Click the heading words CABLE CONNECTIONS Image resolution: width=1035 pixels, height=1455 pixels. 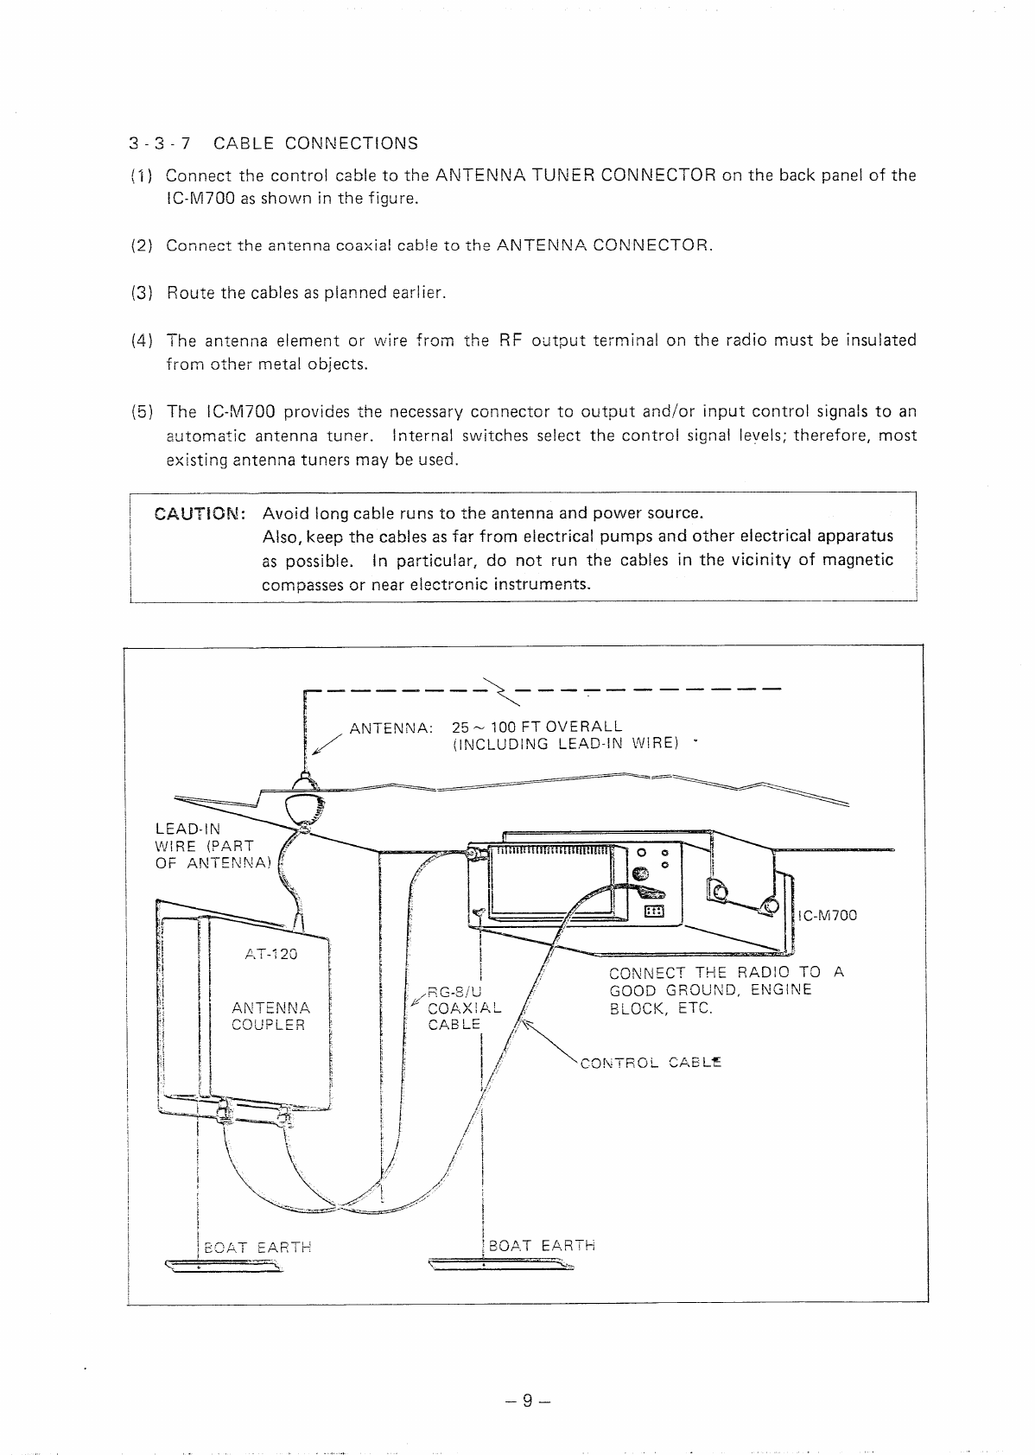coord(315,143)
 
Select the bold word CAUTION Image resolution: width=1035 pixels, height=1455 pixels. coord(200,513)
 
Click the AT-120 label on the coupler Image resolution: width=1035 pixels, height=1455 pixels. coord(270,954)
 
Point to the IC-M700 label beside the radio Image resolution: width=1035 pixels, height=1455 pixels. coord(829,915)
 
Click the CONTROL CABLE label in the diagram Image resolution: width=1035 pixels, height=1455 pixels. coord(651,1063)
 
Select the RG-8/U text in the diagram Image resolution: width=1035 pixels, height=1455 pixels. coord(451,991)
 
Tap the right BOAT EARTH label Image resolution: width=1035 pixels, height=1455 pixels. coord(542,1245)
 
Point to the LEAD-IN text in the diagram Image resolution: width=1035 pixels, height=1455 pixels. coord(187,829)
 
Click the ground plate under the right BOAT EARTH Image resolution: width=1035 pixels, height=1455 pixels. coord(501,1268)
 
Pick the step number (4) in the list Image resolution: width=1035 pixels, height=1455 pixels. coord(142,340)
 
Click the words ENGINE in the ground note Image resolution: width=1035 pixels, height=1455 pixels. coord(781,990)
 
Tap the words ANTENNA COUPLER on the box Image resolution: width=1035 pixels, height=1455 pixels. coord(270,1016)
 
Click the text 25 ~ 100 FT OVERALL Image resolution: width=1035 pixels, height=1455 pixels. coord(537,727)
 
